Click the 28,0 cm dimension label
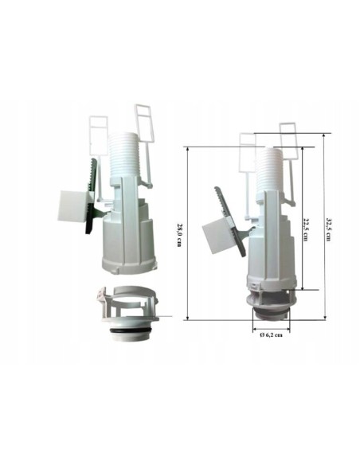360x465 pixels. [179, 235]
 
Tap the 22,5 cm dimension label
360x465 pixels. [305, 229]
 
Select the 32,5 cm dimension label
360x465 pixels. [329, 229]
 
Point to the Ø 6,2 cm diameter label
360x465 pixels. [271, 334]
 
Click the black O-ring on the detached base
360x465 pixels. [129, 330]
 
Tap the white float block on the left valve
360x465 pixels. [73, 205]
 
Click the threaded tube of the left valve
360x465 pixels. [122, 156]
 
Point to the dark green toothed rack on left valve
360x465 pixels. [91, 196]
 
